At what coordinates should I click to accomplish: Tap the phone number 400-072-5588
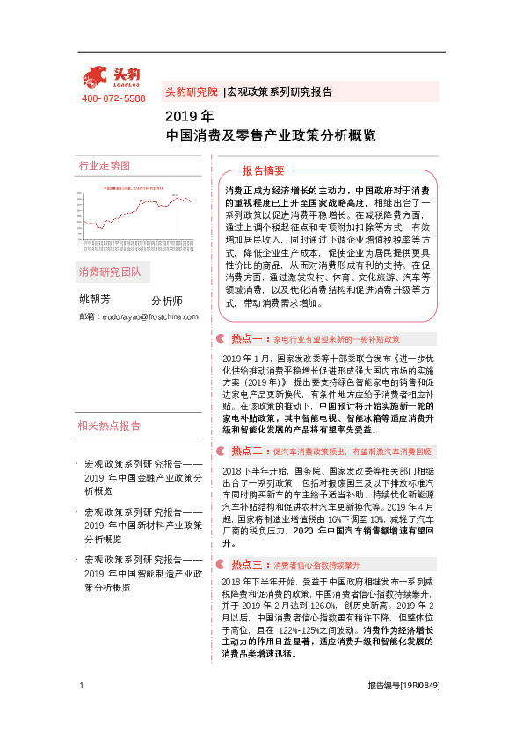tap(113, 98)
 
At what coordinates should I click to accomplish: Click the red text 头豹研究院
tap(192, 91)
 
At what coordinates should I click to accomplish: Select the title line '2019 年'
tap(189, 116)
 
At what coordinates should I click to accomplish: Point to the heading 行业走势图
tap(105, 165)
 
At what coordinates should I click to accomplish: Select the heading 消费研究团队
tap(110, 271)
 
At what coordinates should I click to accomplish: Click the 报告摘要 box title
tap(264, 170)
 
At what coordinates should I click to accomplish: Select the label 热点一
tap(247, 338)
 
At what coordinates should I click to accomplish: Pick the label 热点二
tap(247, 451)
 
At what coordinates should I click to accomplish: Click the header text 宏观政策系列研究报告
tap(279, 91)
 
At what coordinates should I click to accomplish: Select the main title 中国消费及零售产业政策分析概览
tap(271, 136)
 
